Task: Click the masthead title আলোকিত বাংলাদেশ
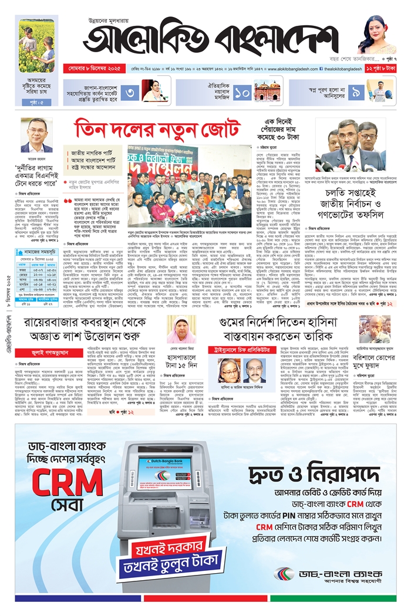(x=208, y=41)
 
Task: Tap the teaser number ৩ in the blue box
(x=131, y=92)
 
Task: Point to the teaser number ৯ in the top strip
(x=356, y=92)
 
